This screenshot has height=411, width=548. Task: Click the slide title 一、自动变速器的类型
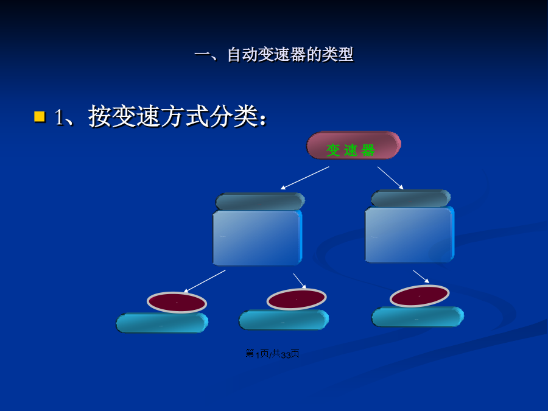click(x=273, y=55)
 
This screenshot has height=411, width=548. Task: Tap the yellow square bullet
click(x=40, y=116)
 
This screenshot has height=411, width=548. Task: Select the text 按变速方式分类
click(x=174, y=116)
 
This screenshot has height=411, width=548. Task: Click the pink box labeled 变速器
click(x=354, y=145)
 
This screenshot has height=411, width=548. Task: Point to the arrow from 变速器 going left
click(x=305, y=178)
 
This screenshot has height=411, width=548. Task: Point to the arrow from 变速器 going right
click(x=390, y=178)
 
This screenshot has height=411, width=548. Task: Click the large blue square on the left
click(x=257, y=237)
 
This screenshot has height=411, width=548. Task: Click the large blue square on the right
click(x=410, y=234)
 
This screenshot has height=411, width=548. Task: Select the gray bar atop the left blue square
click(x=260, y=202)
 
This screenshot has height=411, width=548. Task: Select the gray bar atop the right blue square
click(x=410, y=198)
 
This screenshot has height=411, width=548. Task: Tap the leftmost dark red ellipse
click(x=177, y=302)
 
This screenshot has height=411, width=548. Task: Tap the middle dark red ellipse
click(x=297, y=299)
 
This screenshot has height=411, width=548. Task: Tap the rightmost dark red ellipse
click(x=420, y=296)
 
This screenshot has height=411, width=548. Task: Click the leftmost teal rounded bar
click(x=162, y=323)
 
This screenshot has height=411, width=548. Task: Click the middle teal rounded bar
click(x=284, y=320)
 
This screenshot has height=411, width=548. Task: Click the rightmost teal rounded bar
click(x=418, y=317)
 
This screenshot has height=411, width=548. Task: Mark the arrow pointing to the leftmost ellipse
click(x=205, y=281)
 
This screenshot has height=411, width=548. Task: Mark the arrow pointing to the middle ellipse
click(x=300, y=281)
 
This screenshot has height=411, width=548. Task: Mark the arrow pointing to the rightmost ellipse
click(x=421, y=276)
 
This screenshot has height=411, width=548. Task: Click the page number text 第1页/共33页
click(x=272, y=354)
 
